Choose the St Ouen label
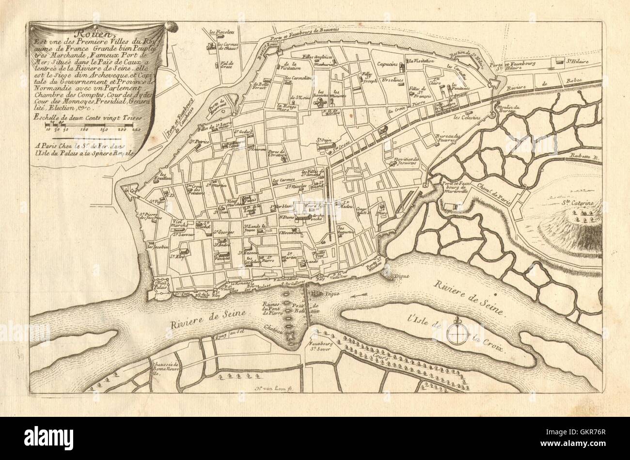(x=324, y=141)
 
